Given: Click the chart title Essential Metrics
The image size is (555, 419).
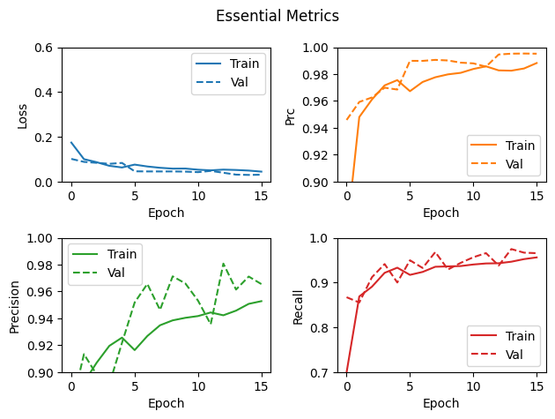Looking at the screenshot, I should [277, 16].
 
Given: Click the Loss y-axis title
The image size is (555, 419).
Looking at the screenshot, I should [24, 115].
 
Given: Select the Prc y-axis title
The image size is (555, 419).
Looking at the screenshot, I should [290, 115].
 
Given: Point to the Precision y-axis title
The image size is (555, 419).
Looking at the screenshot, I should [14, 305].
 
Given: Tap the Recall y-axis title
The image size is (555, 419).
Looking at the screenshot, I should [298, 305].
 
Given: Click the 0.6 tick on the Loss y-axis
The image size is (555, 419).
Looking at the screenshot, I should [44, 48].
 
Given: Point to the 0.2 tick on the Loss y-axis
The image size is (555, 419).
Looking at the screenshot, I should [44, 138].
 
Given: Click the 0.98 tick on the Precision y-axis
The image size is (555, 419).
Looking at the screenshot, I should [38, 266].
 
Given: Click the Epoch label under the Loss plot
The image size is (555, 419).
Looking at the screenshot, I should [166, 213].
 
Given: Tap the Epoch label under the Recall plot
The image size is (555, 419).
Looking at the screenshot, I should [440, 403].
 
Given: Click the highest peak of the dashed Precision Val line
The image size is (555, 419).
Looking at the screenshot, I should [223, 263].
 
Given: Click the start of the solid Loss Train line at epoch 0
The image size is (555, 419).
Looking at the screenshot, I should [71, 142].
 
